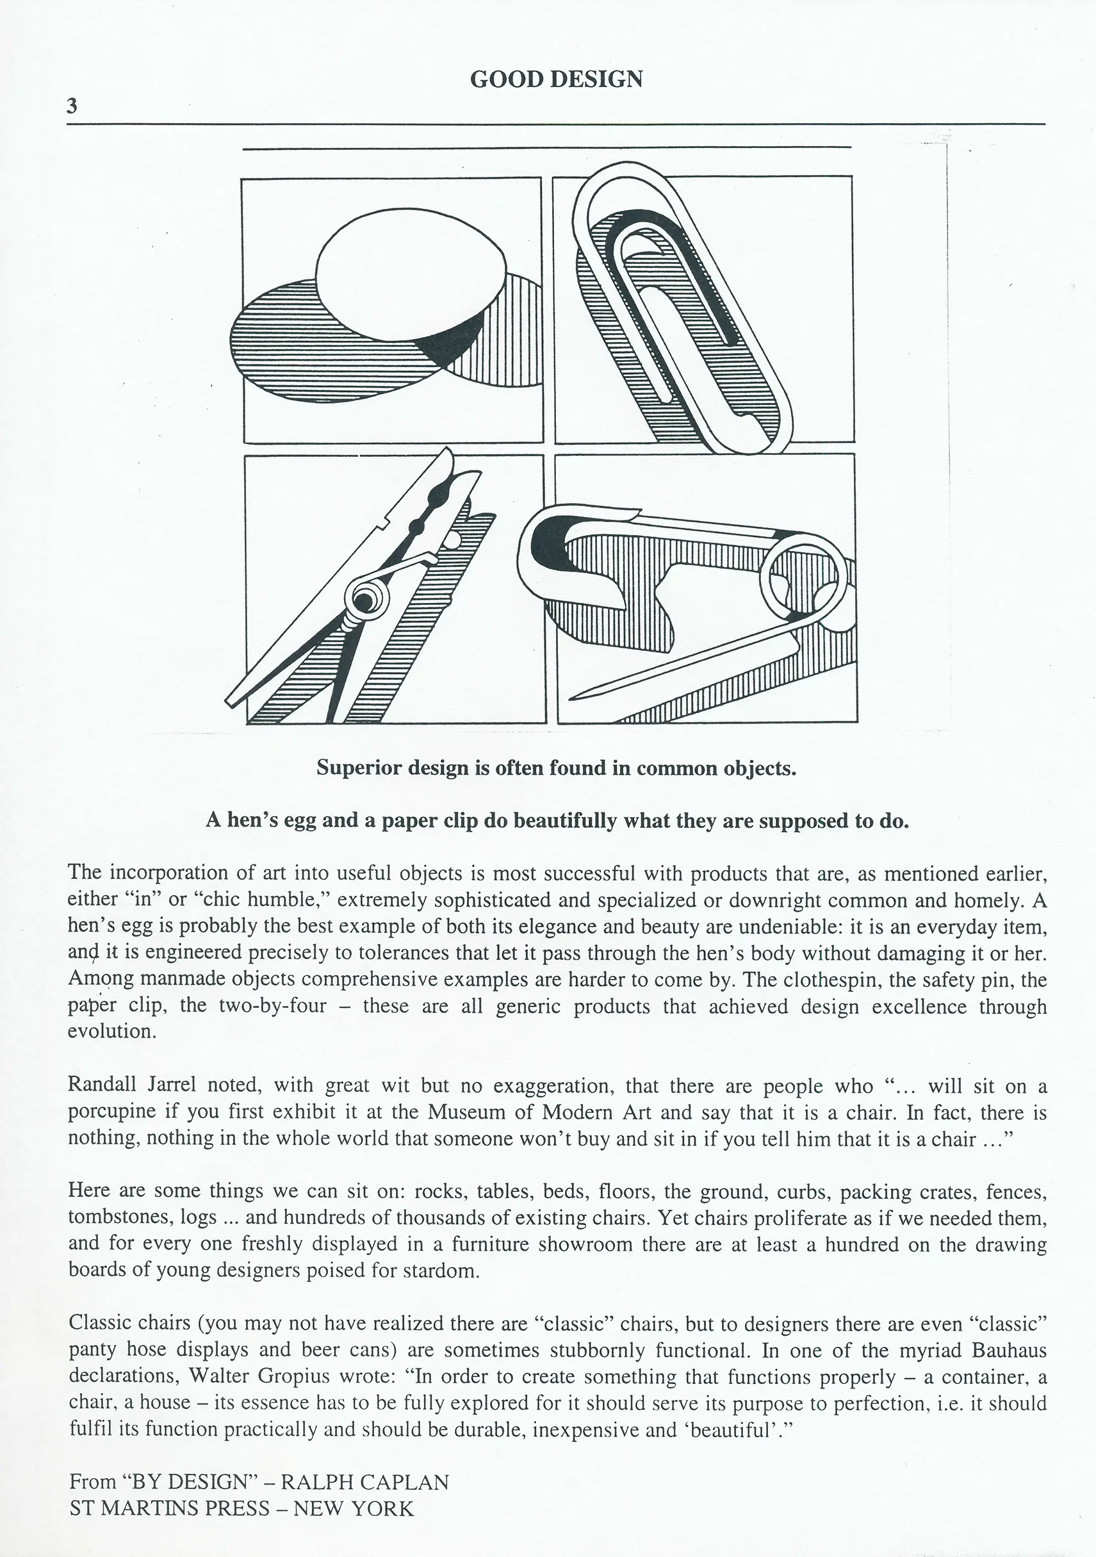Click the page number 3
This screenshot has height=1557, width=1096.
coord(72,106)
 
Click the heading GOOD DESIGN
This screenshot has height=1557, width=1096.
coord(556,79)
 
